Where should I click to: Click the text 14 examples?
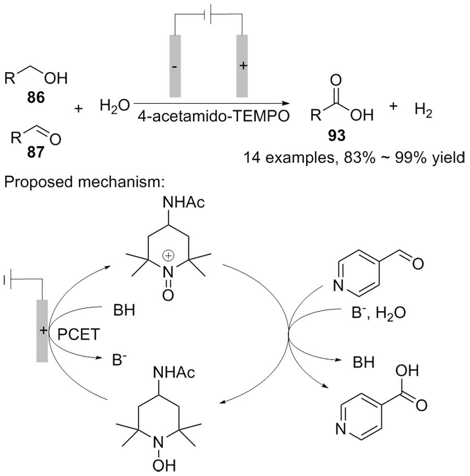(290, 158)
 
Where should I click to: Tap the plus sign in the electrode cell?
(243, 66)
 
